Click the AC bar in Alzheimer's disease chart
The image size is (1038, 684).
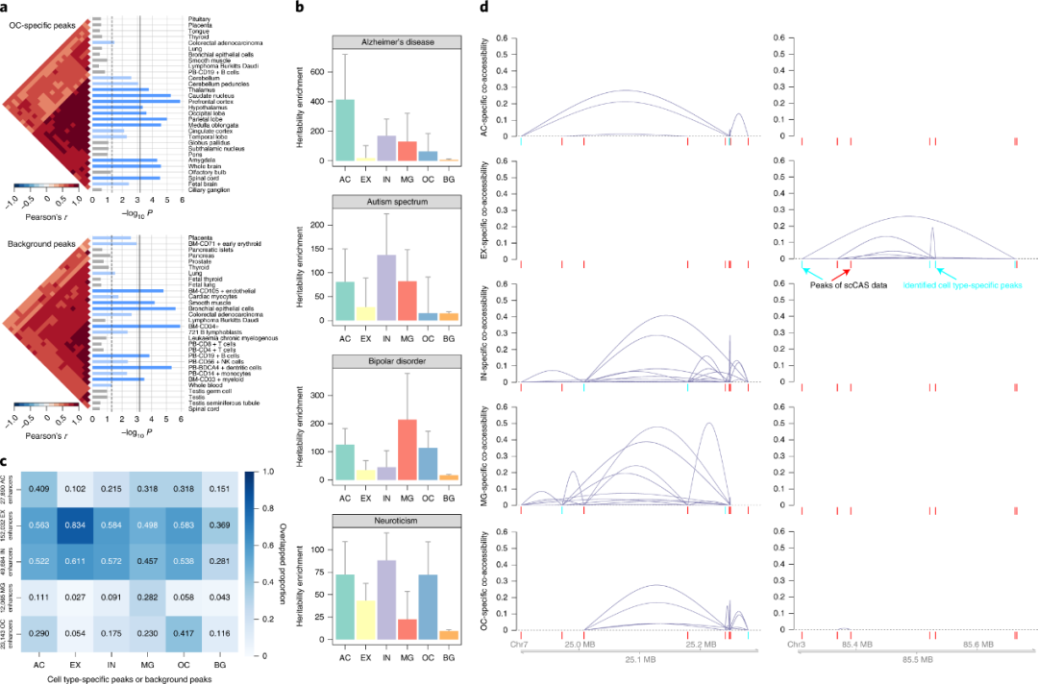coord(345,130)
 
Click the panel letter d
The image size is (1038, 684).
coord(484,9)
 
